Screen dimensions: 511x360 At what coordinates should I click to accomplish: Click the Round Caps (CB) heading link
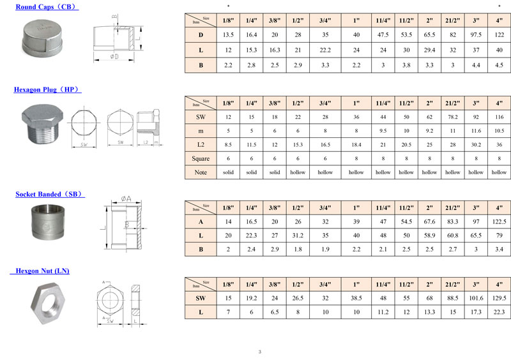[x=47, y=7]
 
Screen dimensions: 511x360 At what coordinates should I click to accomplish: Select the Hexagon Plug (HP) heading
[x=47, y=89]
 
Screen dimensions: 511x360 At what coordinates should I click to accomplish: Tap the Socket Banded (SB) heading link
[x=50, y=194]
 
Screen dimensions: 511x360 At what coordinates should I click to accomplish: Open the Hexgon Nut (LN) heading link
[x=40, y=271]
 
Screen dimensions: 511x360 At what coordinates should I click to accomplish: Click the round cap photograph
[x=42, y=38]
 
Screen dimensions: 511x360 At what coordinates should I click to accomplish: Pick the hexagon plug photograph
[x=42, y=124]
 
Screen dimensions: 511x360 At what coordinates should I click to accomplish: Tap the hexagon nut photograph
[x=48, y=304]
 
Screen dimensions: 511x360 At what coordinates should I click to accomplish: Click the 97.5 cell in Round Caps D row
[x=476, y=35]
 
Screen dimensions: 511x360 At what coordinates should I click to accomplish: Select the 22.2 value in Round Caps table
[x=325, y=50]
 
